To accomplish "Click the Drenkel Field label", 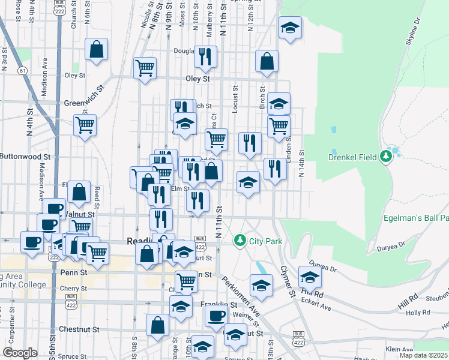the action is click(x=352, y=157).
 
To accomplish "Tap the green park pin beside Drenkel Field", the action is click(x=386, y=157).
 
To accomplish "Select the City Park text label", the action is click(x=266, y=241).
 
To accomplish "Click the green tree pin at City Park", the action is click(x=240, y=241).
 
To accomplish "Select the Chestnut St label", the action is click(x=79, y=329).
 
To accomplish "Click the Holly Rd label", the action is click(x=418, y=313).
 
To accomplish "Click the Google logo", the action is click(x=20, y=353).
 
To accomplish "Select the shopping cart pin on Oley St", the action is click(x=145, y=68).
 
